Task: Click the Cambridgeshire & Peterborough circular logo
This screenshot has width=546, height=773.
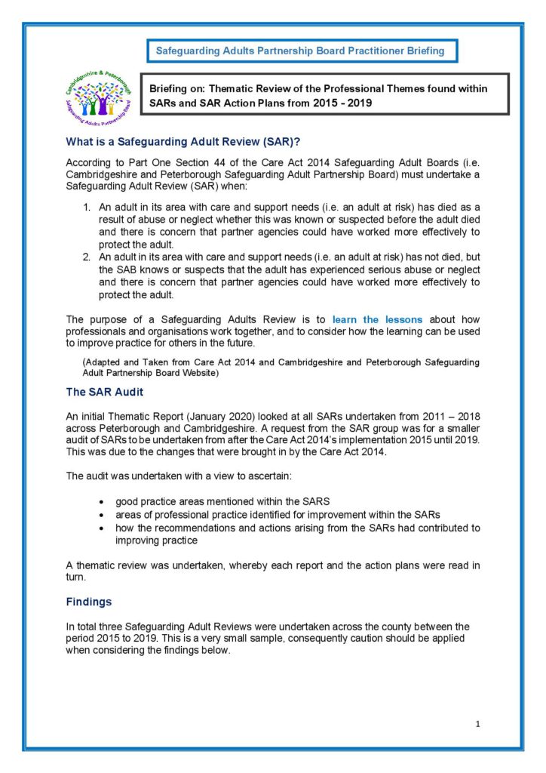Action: (x=100, y=95)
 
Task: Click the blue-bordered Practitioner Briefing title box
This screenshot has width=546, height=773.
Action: (x=300, y=51)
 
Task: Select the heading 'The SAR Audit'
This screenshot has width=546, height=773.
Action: (x=104, y=392)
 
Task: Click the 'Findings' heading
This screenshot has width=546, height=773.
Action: (x=89, y=602)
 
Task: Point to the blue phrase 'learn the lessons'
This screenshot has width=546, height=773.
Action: (x=377, y=319)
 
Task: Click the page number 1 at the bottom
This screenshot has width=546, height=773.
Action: (x=478, y=724)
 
